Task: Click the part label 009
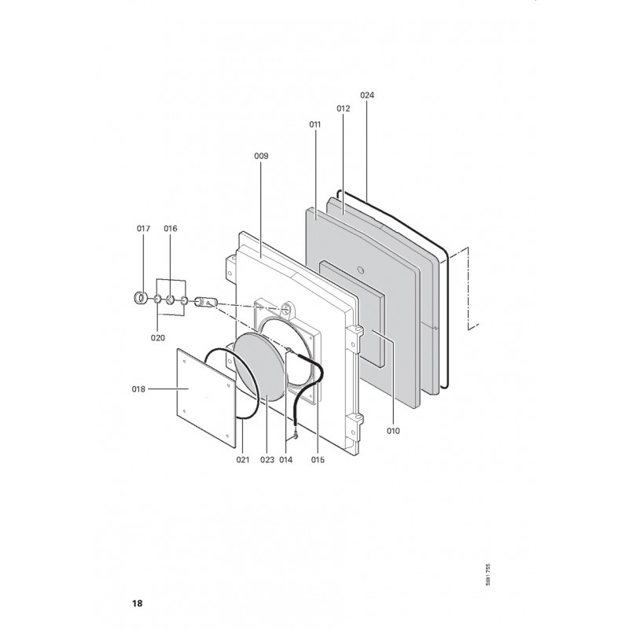(x=261, y=156)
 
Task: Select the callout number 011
(x=315, y=124)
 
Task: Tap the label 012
(x=343, y=109)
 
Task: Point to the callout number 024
(x=367, y=95)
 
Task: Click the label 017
(x=143, y=229)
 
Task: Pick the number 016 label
(x=170, y=229)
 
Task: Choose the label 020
(x=158, y=338)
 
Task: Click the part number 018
(x=138, y=389)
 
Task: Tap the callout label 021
(x=243, y=460)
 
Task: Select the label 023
(x=267, y=460)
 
